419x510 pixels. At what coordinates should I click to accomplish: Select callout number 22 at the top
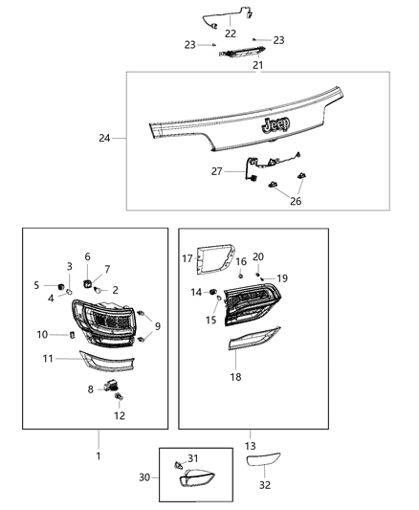pyautogui.click(x=230, y=33)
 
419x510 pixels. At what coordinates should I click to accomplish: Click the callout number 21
pyautogui.click(x=257, y=66)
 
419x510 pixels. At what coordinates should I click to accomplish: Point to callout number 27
pyautogui.click(x=216, y=170)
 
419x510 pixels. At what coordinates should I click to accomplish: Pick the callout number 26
pyautogui.click(x=296, y=202)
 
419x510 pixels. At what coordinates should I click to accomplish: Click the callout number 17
pyautogui.click(x=187, y=258)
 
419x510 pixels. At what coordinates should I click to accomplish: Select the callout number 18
pyautogui.click(x=235, y=377)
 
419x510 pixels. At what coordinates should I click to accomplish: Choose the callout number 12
pyautogui.click(x=120, y=416)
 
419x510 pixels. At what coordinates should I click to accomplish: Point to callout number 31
pyautogui.click(x=192, y=458)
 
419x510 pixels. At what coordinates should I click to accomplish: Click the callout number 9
pyautogui.click(x=158, y=326)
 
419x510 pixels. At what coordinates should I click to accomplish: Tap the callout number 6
pyautogui.click(x=87, y=256)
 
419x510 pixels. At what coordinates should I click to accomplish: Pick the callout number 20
pyautogui.click(x=257, y=256)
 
